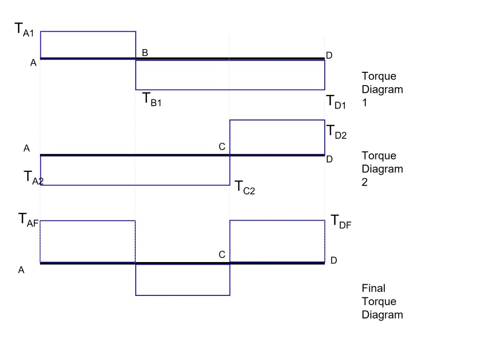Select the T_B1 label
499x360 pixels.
(152, 99)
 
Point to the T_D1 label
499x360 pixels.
(337, 102)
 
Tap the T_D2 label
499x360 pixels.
(337, 132)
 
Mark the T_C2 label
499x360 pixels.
(245, 187)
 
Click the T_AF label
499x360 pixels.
(29, 219)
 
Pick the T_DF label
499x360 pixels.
(341, 221)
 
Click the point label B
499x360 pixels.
(145, 52)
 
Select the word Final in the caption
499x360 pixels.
(373, 288)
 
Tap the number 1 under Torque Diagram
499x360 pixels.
(364, 103)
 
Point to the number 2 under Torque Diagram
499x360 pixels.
(365, 182)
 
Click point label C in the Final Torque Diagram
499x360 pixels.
(222, 254)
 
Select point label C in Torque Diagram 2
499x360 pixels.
(222, 147)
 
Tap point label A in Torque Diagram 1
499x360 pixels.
(33, 63)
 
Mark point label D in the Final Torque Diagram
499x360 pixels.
(334, 261)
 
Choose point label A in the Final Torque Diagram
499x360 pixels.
(22, 270)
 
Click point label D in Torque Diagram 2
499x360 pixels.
(329, 159)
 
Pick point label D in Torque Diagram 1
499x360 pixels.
(329, 55)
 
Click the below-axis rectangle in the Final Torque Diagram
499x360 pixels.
(182, 279)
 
